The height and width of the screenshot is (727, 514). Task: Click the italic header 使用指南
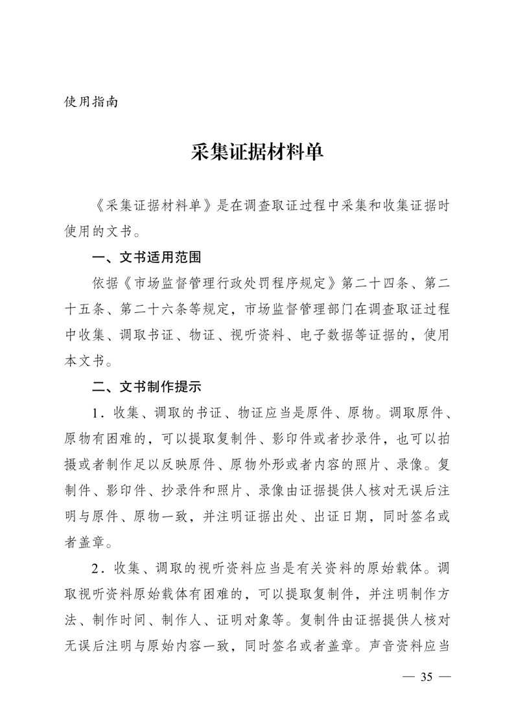pyautogui.click(x=91, y=102)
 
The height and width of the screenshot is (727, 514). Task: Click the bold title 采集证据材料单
pyautogui.click(x=257, y=153)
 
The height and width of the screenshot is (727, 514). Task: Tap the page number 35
pyautogui.click(x=426, y=677)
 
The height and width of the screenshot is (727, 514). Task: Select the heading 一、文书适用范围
pyautogui.click(x=147, y=257)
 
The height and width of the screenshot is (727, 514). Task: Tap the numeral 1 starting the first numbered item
pyautogui.click(x=96, y=413)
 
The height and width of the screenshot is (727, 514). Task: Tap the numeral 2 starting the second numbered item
pyautogui.click(x=96, y=568)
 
